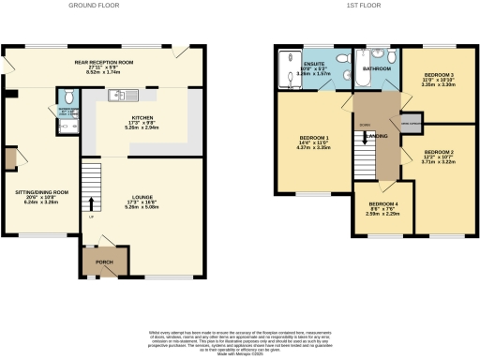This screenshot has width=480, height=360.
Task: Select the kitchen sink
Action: point(120,94)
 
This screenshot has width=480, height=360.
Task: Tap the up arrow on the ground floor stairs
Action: point(91,202)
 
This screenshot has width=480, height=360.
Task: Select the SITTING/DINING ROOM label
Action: point(42,194)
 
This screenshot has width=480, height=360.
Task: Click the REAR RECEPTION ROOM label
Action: point(105,65)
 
